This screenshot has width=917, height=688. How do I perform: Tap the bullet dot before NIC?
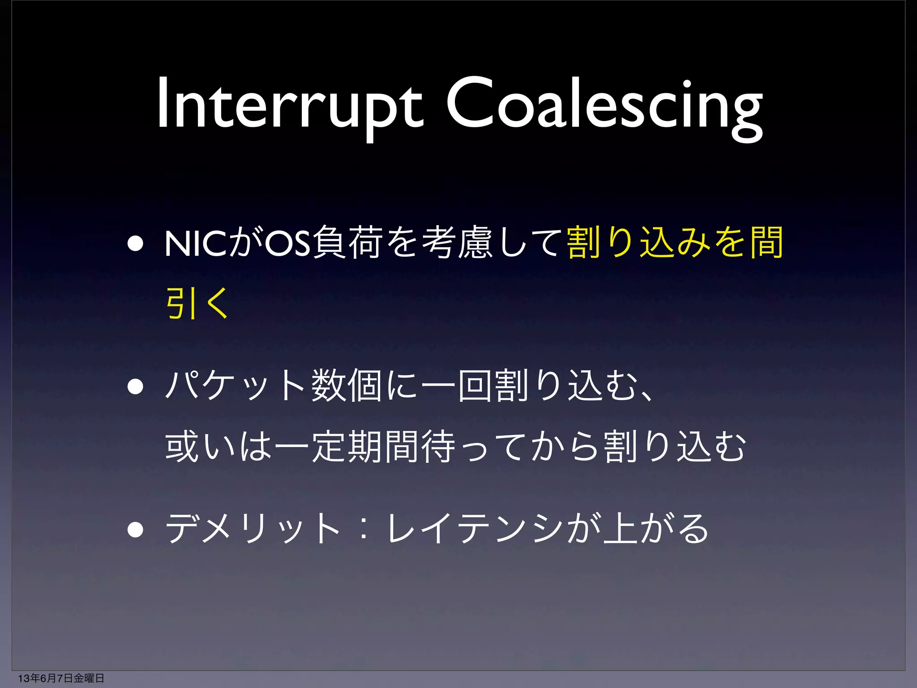(x=135, y=244)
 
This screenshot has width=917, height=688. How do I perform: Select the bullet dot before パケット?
(x=135, y=386)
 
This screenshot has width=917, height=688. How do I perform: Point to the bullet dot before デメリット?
(x=135, y=529)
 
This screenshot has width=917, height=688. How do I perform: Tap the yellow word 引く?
(x=197, y=303)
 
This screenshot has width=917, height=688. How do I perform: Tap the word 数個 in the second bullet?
(x=347, y=386)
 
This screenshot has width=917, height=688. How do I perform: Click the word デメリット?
(x=253, y=529)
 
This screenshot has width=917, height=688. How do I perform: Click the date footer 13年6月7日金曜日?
(x=61, y=678)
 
